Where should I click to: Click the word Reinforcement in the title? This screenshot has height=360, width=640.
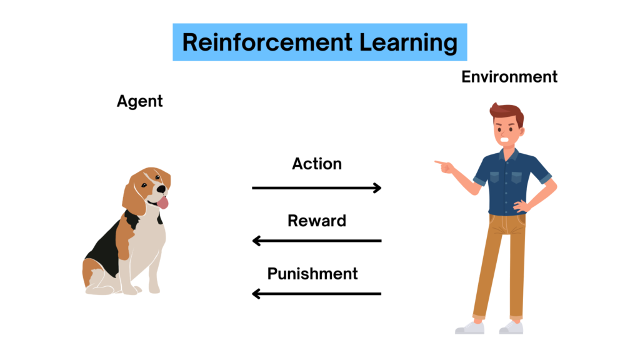click(x=267, y=42)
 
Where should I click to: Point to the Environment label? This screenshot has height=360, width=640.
click(x=509, y=77)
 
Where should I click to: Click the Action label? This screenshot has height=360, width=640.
click(x=317, y=164)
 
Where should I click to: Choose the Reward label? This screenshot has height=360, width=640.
click(x=317, y=221)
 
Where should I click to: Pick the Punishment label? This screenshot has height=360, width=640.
click(x=312, y=274)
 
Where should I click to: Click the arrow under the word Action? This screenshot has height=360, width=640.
click(x=317, y=187)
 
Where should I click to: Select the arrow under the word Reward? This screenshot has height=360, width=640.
click(x=317, y=241)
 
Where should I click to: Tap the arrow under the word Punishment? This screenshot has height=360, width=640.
click(x=317, y=294)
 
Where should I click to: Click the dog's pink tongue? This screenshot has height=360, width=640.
click(x=163, y=202)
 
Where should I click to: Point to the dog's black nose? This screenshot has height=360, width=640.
click(x=162, y=189)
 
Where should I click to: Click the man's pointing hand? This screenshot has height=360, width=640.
click(x=444, y=166)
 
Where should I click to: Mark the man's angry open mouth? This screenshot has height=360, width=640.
click(x=505, y=140)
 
